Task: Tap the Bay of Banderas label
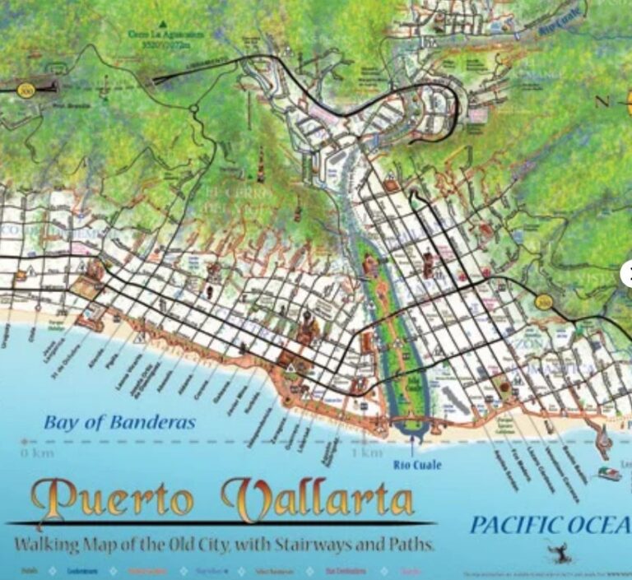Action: click(x=119, y=423)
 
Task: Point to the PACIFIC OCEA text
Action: click(x=550, y=525)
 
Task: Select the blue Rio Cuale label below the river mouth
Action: click(x=421, y=465)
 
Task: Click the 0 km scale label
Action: click(x=36, y=452)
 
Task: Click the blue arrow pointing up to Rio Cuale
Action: click(x=411, y=449)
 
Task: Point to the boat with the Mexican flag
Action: click(x=610, y=475)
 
